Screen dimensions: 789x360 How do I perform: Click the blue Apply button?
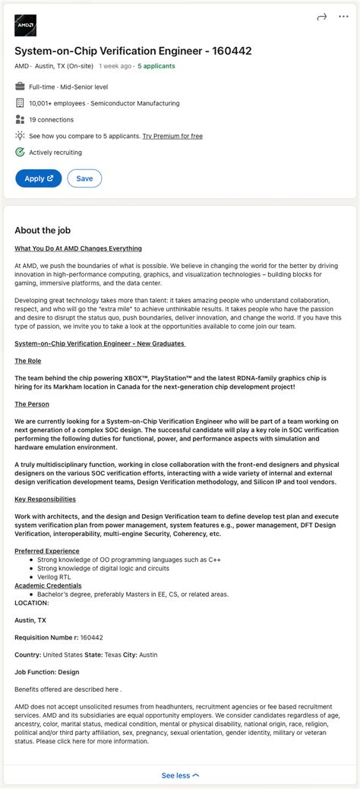[x=38, y=178]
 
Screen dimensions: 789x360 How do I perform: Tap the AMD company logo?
[x=26, y=26]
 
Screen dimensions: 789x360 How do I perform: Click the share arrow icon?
[x=321, y=17]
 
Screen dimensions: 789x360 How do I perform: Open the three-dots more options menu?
[x=343, y=17]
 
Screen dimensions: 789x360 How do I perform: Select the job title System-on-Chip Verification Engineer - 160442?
[x=133, y=51]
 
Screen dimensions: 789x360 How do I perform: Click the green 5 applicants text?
[x=156, y=66]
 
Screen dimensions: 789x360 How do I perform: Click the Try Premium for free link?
[x=172, y=136]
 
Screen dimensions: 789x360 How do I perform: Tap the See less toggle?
[x=180, y=775]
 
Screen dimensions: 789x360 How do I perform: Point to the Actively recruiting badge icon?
[x=20, y=152]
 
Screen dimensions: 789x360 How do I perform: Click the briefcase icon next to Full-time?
[x=20, y=87]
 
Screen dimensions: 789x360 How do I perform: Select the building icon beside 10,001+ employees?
[x=20, y=103]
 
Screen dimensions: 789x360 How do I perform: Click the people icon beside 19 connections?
[x=20, y=119]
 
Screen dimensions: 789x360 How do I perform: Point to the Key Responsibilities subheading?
[x=45, y=499]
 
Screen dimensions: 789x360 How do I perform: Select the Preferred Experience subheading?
[x=47, y=551]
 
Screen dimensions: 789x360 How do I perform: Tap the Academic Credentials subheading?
[x=48, y=585]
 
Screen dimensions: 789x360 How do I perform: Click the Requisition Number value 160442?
[x=91, y=637]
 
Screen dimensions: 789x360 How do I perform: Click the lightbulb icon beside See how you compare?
[x=20, y=136]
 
